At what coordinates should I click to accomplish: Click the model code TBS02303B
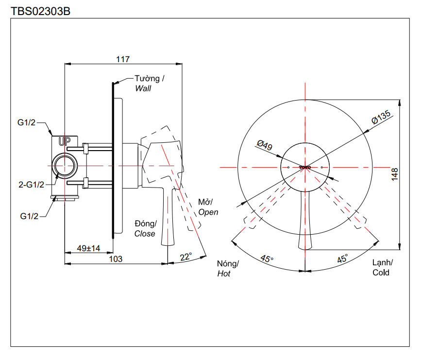tap(41, 10)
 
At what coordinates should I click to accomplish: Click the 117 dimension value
tap(123, 59)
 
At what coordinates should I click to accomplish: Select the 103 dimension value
tap(116, 259)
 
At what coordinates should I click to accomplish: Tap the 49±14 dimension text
tap(89, 248)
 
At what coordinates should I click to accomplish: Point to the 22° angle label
tap(186, 257)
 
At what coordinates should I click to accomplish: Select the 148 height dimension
tap(394, 173)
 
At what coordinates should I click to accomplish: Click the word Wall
tap(143, 89)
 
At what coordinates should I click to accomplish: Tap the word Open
tap(208, 212)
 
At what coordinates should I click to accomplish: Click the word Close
tap(145, 234)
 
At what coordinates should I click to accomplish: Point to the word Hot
tap(224, 274)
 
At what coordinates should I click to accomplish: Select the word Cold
tap(381, 273)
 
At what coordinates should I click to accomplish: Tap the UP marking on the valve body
tap(64, 142)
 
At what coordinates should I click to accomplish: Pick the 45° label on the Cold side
tap(342, 259)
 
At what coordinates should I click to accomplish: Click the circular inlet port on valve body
tap(64, 166)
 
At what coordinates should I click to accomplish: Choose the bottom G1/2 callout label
tap(28, 216)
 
